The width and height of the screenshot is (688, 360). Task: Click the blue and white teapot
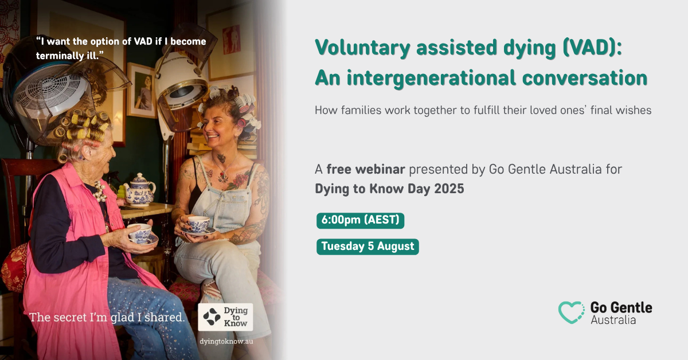click(x=140, y=190)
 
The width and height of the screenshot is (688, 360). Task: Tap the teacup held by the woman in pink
click(x=140, y=233)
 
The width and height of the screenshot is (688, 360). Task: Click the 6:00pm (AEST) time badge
click(x=360, y=220)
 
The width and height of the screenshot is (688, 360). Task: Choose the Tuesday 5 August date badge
click(x=368, y=246)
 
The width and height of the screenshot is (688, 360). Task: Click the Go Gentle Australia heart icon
click(x=571, y=312)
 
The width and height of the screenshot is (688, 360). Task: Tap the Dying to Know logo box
click(x=225, y=317)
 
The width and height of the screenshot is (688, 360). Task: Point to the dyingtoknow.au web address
click(x=226, y=341)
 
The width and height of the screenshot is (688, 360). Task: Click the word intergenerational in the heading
click(x=431, y=79)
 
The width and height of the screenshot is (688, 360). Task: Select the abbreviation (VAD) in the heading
click(x=592, y=48)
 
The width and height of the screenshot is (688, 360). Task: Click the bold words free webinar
click(x=366, y=169)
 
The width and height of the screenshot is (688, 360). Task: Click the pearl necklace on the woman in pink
click(x=100, y=191)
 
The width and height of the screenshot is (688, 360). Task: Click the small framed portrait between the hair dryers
click(x=142, y=91)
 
